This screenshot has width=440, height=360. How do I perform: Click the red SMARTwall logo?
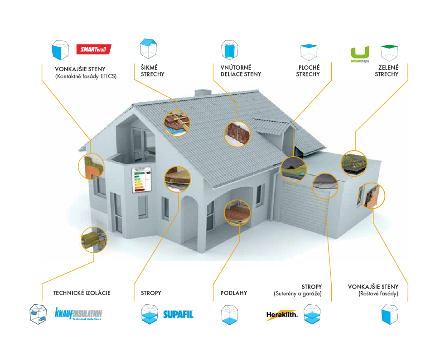pos(93,50)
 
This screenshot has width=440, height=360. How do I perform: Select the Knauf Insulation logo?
pos(78,314)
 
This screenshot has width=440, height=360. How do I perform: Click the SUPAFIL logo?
pos(178,314)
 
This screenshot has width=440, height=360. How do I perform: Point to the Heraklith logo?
pos(281,315)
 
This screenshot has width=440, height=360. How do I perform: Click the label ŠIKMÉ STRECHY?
pos(153,71)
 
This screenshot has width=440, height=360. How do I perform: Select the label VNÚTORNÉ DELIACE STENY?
pos(240,71)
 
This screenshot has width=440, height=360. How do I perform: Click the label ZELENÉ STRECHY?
pos(386,71)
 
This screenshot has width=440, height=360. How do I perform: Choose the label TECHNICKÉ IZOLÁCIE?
pos(82,293)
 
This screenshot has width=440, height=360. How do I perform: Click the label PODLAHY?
pos(234,293)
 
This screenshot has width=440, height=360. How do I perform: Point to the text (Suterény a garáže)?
pos(298,294)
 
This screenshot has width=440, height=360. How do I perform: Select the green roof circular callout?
pos(354,163)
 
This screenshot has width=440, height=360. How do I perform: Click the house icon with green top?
pos(390,53)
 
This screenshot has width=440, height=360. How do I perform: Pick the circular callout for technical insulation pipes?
pos(93,239)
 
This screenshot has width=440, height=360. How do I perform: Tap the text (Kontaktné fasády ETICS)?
pos(86,76)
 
